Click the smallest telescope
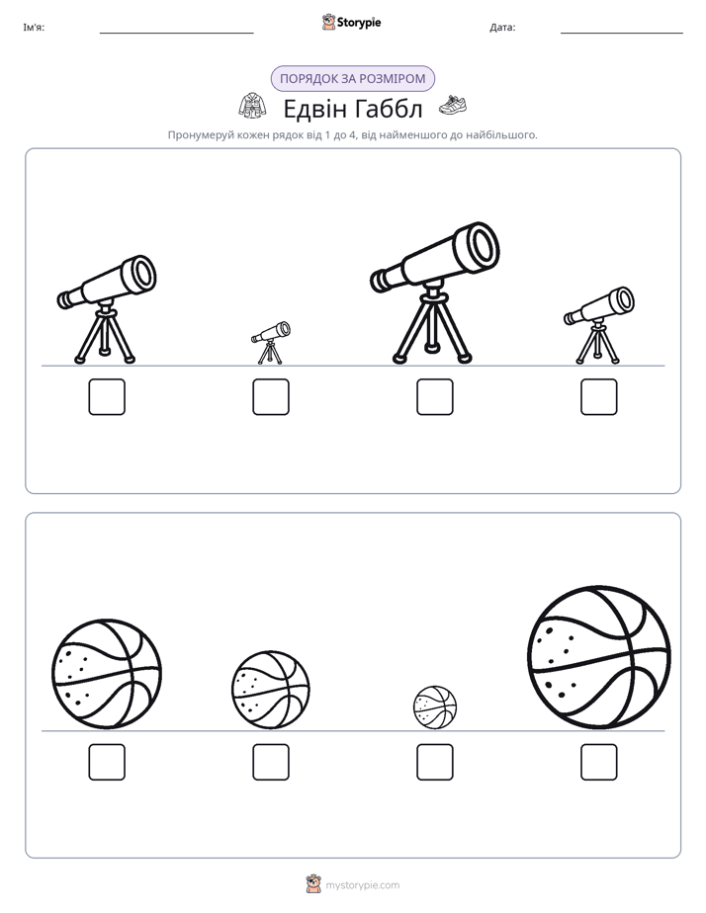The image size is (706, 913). [270, 343]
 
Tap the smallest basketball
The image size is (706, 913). [435, 707]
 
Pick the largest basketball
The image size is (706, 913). [599, 657]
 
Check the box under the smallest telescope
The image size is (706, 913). [271, 397]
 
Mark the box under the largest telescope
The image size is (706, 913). [435, 397]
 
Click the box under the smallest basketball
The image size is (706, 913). [435, 762]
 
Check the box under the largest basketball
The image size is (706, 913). [599, 762]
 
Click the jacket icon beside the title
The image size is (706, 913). [253, 106]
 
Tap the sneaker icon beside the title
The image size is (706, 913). [453, 105]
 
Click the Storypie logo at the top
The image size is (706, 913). [351, 22]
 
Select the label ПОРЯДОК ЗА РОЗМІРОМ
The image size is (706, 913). [353, 79]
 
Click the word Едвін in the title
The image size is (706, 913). [315, 109]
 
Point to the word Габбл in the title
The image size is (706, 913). [389, 109]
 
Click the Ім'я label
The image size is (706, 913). [34, 28]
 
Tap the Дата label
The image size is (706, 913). [502, 28]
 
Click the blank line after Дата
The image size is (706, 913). [622, 34]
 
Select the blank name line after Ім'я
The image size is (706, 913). [176, 34]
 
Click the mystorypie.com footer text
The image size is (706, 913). [362, 885]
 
